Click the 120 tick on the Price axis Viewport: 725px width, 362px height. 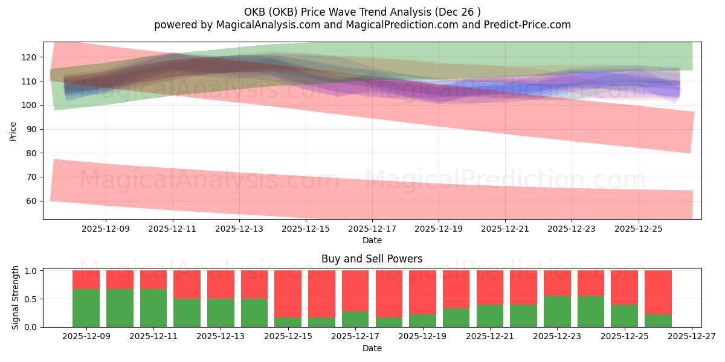click(31, 57)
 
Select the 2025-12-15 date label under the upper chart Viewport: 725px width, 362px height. click(306, 229)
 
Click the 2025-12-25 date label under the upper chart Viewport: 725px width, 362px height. click(639, 229)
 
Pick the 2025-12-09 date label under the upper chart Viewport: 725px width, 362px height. click(106, 229)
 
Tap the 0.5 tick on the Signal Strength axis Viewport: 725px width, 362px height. click(31, 299)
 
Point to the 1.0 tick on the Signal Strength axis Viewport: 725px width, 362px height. click(31, 271)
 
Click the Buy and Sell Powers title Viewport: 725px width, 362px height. click(372, 259)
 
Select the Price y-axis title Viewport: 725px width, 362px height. click(13, 130)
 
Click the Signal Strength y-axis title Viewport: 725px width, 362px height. click(16, 297)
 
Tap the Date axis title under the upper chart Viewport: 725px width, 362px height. click(372, 240)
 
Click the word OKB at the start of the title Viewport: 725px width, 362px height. click(254, 12)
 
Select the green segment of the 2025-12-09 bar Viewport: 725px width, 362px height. click(86, 308)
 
